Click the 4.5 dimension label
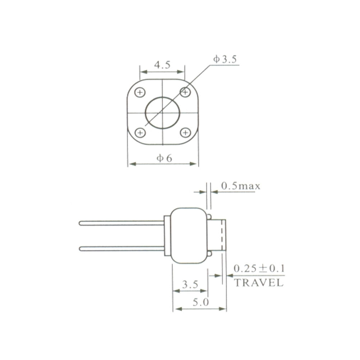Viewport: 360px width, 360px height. pyautogui.click(x=162, y=65)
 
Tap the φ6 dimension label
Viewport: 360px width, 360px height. pyautogui.click(x=164, y=158)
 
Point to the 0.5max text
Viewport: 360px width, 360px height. pyautogui.click(x=240, y=186)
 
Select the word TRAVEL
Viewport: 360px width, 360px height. pyautogui.click(x=259, y=283)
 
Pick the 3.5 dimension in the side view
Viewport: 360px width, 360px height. pyautogui.click(x=190, y=285)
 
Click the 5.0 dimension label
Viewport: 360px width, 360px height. pyautogui.click(x=201, y=303)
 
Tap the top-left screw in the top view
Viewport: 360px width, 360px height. pyautogui.click(x=140, y=93)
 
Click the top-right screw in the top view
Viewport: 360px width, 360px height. pyautogui.click(x=185, y=92)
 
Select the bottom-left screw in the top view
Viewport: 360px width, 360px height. pyautogui.click(x=140, y=133)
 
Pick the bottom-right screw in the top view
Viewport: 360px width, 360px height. pyautogui.click(x=185, y=133)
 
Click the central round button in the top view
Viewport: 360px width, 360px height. pyautogui.click(x=162, y=113)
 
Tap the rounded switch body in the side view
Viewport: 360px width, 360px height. pyautogui.click(x=189, y=235)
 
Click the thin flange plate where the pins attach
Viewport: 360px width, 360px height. pyautogui.click(x=167, y=236)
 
